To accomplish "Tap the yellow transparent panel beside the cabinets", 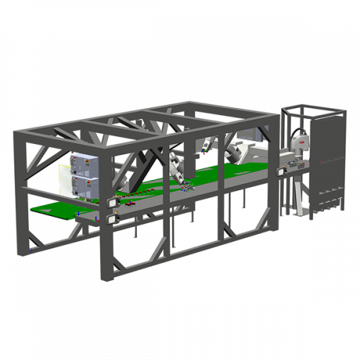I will point(65,180).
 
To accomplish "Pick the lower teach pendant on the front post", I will point(112,217).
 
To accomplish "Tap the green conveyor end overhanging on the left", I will point(54,211).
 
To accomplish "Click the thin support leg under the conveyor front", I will point(135,232).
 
